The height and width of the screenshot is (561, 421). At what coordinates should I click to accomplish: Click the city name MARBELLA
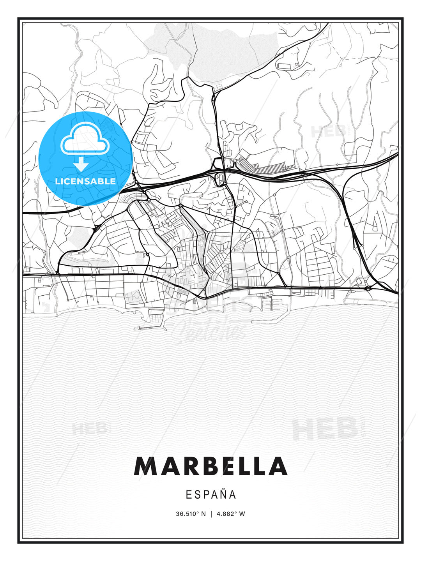point(210,466)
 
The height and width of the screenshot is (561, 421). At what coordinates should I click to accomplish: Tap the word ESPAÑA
point(211,495)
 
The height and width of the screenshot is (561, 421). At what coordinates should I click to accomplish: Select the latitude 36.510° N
point(191,514)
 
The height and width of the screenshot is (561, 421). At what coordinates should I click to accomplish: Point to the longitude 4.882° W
point(231,514)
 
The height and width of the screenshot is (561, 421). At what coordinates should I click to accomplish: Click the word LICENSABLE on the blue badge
point(85,181)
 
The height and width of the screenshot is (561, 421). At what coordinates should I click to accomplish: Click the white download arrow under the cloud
point(81,164)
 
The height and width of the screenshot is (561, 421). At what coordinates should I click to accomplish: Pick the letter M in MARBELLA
point(145,466)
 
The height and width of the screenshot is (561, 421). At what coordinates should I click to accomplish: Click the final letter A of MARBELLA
point(278,466)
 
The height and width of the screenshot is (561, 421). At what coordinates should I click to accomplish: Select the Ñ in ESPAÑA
point(222,494)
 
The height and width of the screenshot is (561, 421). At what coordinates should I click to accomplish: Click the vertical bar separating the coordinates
point(211,514)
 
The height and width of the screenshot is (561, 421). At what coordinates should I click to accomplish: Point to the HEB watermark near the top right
point(328,131)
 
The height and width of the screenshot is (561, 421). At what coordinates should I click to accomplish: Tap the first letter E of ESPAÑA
point(189,495)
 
